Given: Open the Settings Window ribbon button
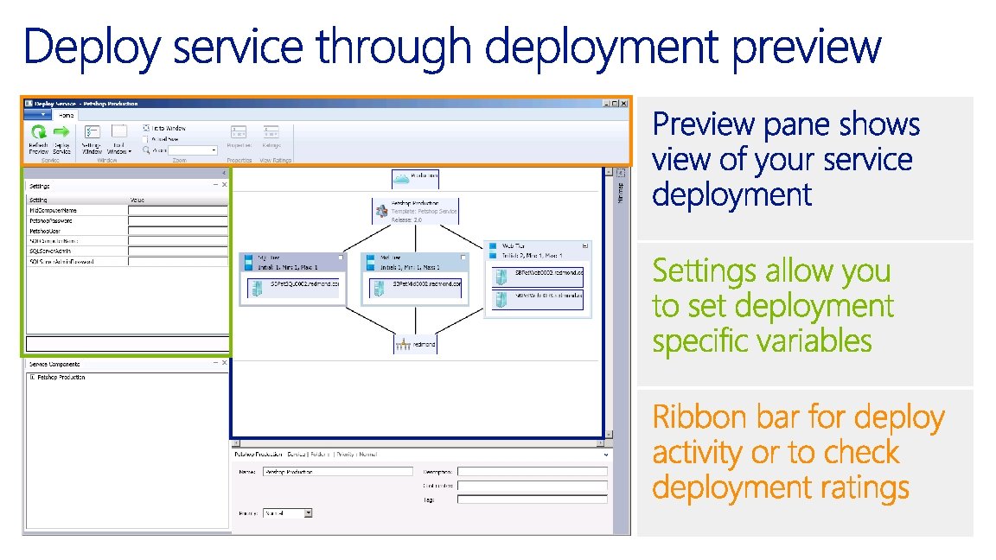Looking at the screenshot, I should coord(92,138).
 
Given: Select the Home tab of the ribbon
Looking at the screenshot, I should coord(66,114).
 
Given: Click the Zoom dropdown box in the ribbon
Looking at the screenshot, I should coord(192,150).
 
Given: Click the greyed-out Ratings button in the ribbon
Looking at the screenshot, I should coord(271,137).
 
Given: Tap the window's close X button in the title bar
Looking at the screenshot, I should coord(623,104).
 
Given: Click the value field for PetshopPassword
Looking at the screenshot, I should coord(178,220).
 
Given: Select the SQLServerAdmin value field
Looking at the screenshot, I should coord(178,251).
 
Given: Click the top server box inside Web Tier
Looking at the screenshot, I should coord(538,275).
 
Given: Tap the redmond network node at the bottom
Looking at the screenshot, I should coord(416,343).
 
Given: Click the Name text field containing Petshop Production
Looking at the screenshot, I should coord(337,472).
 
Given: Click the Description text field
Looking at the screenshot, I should coord(532,472).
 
